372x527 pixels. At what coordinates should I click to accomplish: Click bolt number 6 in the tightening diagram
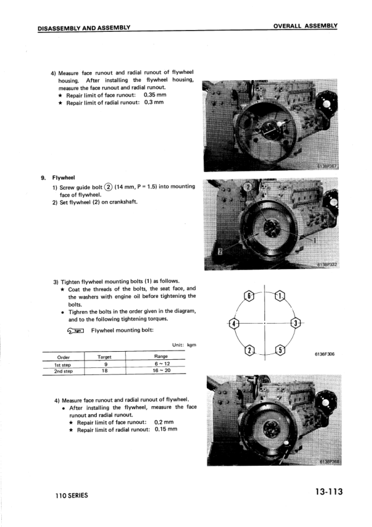click(x=248, y=297)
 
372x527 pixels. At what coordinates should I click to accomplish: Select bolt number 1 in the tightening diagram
click(x=280, y=296)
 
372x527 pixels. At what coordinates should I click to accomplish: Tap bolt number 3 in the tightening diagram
click(x=296, y=324)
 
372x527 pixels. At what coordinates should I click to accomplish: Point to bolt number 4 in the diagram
click(x=234, y=324)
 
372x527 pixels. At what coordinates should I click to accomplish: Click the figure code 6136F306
click(x=324, y=354)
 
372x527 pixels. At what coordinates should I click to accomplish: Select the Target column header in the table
click(x=104, y=357)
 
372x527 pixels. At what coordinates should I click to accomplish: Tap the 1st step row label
click(x=63, y=365)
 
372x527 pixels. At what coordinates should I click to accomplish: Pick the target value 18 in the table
click(x=105, y=371)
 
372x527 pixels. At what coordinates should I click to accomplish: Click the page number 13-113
click(x=329, y=492)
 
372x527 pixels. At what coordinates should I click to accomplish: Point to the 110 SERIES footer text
click(x=72, y=496)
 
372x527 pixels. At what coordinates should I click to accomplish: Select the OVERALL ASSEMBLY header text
click(x=305, y=26)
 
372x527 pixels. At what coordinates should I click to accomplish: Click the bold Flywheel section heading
click(x=63, y=178)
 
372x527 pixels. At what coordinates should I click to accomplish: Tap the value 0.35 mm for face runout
click(x=155, y=95)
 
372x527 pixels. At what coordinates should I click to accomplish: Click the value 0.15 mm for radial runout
click(x=166, y=429)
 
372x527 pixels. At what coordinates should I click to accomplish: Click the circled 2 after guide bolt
click(x=108, y=187)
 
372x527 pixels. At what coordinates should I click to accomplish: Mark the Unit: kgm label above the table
click(x=184, y=345)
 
